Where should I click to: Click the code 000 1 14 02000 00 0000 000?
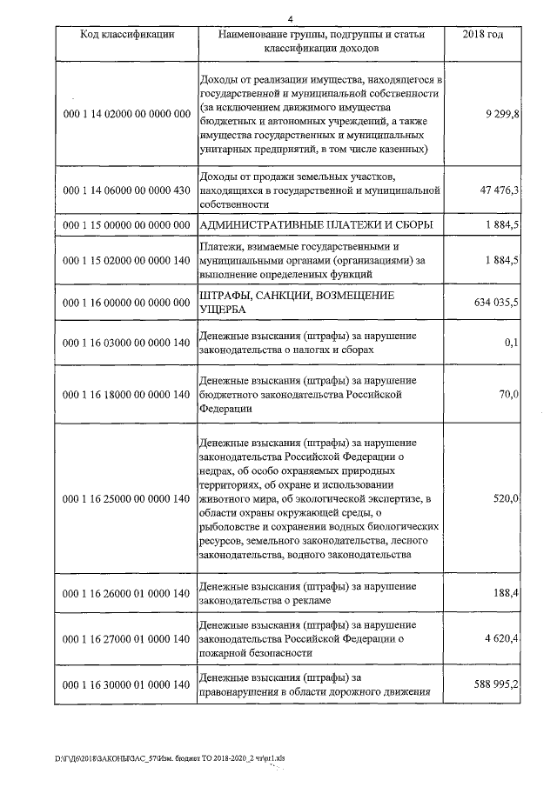click(127, 114)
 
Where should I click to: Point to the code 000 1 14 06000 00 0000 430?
click(127, 190)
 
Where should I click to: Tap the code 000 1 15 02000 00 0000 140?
click(127, 260)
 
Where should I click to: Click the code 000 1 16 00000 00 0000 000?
click(127, 303)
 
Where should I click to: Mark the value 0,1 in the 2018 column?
click(512, 343)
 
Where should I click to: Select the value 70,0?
click(509, 394)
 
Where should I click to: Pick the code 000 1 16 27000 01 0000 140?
click(127, 639)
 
